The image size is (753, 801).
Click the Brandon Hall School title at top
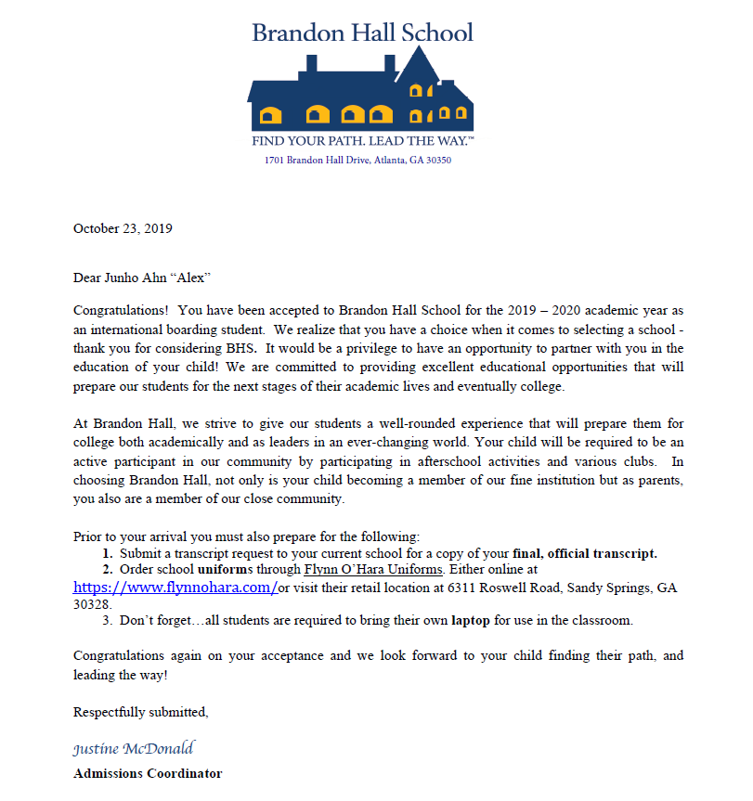coord(362,33)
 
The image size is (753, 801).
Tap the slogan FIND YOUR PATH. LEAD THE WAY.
coord(363,142)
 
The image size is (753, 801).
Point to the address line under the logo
coord(357,161)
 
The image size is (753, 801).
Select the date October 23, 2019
coord(123,228)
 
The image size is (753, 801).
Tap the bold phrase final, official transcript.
coord(585,553)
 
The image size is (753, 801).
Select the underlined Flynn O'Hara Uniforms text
coord(373,569)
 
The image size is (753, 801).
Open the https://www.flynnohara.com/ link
coord(175,588)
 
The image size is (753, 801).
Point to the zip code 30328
coord(92,602)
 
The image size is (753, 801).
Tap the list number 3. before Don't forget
coord(109,620)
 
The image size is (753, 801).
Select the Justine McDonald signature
coord(133,748)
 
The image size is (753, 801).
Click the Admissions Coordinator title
coord(148,773)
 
